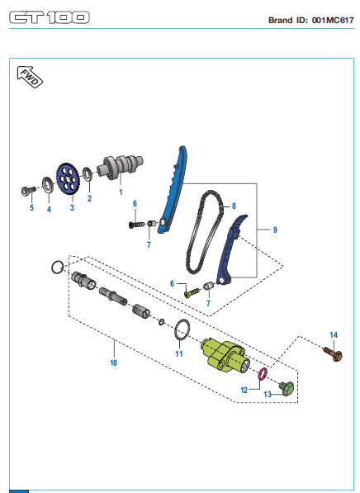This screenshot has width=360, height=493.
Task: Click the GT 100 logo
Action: [x=50, y=17]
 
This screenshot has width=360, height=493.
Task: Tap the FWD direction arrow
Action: [x=30, y=77]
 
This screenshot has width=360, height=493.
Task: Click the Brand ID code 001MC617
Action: [x=333, y=20]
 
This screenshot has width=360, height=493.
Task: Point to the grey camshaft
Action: [x=120, y=167]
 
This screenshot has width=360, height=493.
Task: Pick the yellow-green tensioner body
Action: [x=225, y=356]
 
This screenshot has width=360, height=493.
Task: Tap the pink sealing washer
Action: [x=263, y=373]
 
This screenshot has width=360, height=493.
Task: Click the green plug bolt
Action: [x=287, y=389]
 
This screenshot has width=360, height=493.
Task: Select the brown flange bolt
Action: [x=334, y=353]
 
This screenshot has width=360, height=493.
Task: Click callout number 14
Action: [x=334, y=334]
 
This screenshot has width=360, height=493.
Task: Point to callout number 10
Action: [x=113, y=363]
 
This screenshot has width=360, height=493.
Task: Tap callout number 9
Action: [x=275, y=230]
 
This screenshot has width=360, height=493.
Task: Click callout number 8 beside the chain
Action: [x=234, y=206]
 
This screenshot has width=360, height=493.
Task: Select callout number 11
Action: [x=179, y=353]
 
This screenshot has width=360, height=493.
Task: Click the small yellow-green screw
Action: [x=192, y=293]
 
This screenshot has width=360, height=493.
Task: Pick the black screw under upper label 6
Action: [x=136, y=225]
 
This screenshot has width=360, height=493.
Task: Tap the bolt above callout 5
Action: [x=28, y=190]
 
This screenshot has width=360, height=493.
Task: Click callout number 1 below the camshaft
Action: [x=121, y=192]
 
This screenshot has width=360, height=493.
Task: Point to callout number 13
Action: [x=268, y=394]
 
